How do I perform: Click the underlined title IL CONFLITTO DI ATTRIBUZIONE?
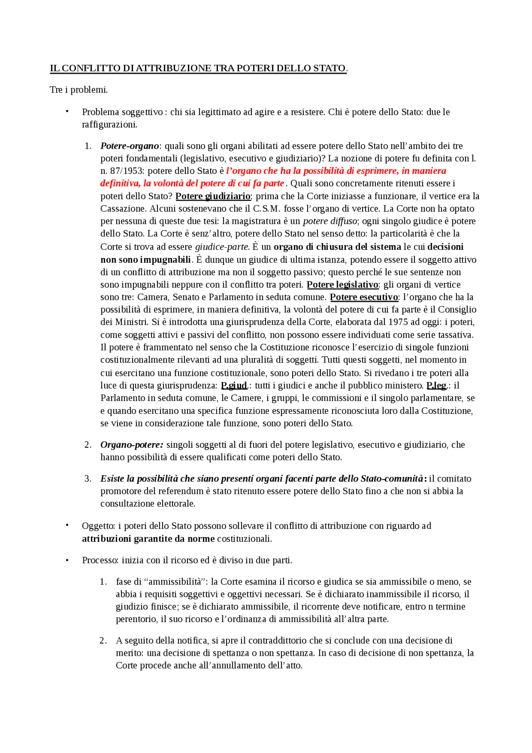[x=198, y=68]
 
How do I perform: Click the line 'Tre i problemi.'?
[x=79, y=90]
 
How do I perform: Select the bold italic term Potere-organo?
[x=130, y=146]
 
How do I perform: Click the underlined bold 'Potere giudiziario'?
[x=213, y=196]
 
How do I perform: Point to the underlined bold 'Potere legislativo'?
[x=342, y=285]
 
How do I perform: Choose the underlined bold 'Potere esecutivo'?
[x=364, y=297]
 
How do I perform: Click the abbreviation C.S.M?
[x=266, y=209]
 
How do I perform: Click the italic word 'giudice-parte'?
[x=222, y=247]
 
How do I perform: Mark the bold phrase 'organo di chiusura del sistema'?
[x=337, y=247]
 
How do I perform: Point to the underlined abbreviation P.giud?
[x=234, y=385]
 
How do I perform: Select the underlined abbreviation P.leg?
[x=436, y=385]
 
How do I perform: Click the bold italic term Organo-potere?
[x=132, y=445]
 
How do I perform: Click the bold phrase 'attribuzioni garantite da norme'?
[x=148, y=539]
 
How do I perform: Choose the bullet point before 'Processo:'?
[x=67, y=560]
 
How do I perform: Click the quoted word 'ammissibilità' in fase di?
[x=175, y=582]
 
